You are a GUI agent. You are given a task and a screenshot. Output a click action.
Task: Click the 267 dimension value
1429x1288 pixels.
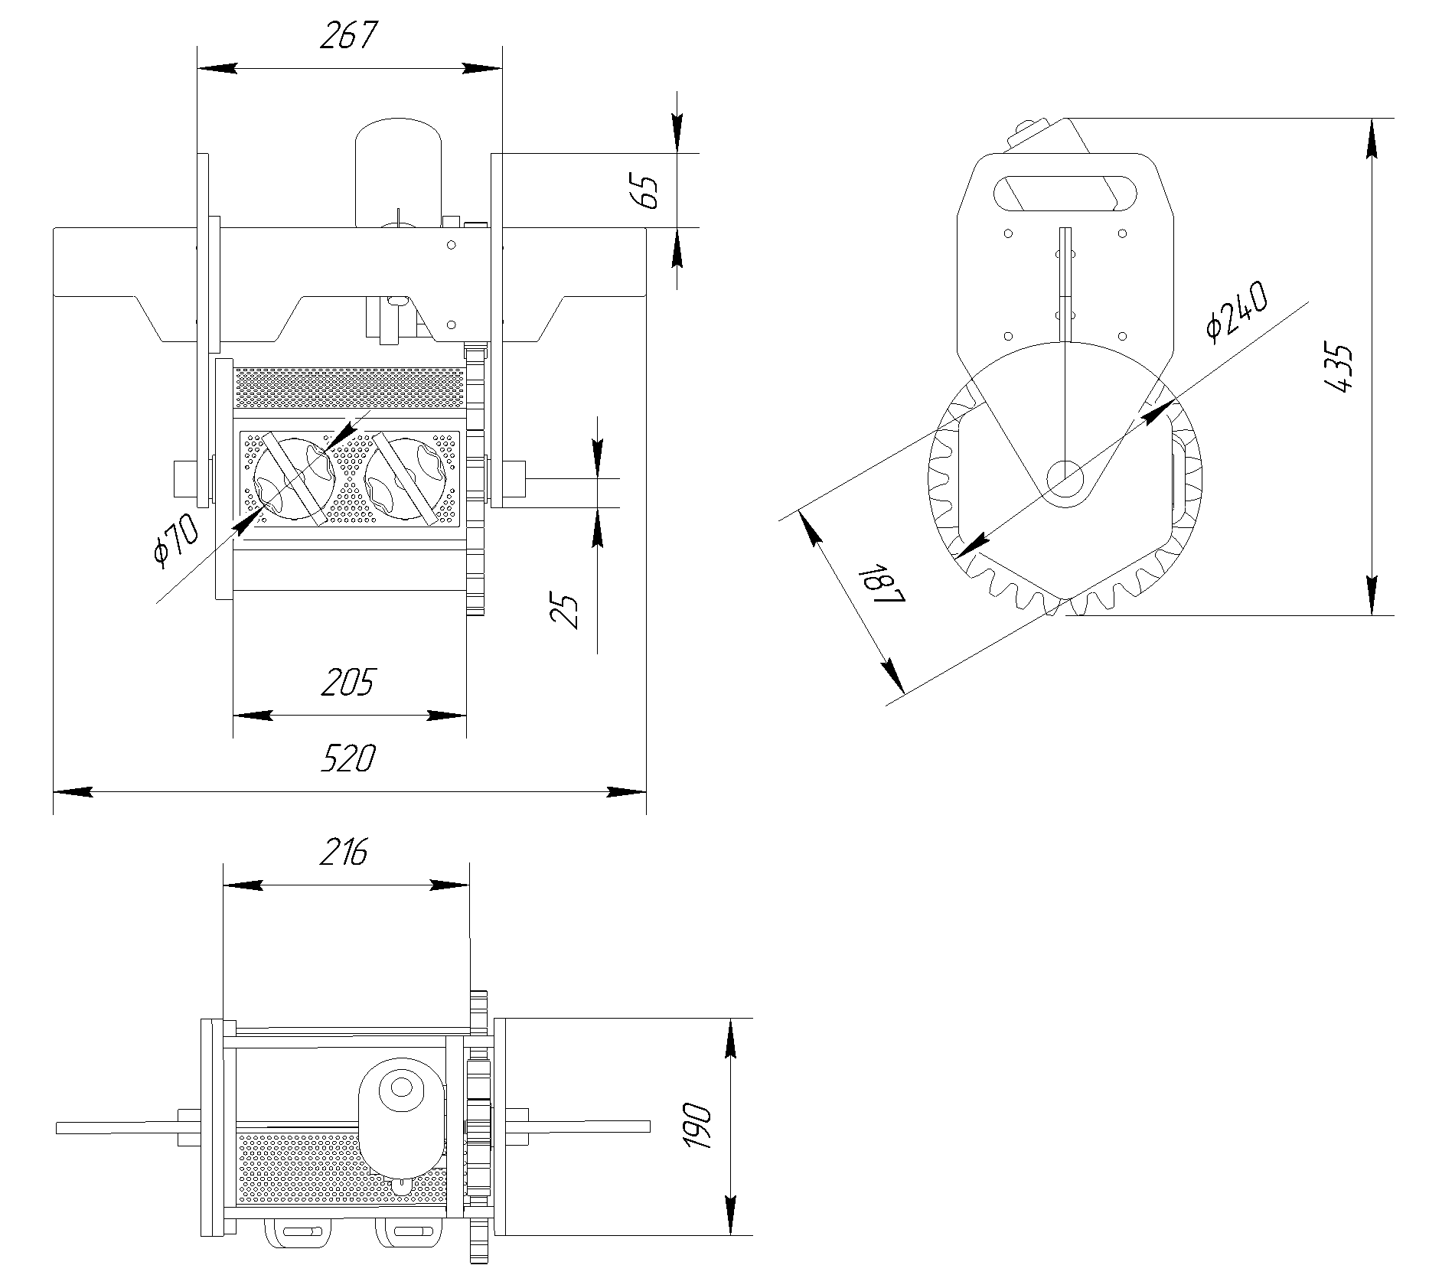click(x=348, y=36)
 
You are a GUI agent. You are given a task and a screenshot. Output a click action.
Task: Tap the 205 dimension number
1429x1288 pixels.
click(x=348, y=682)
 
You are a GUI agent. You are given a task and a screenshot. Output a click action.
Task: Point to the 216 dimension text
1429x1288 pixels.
click(x=344, y=852)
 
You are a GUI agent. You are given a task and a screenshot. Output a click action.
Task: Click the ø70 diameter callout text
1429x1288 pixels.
click(x=175, y=541)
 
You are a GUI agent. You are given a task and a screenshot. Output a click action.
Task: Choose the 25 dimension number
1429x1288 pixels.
click(x=566, y=611)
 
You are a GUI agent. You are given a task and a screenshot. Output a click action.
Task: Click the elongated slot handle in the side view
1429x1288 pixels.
click(x=1065, y=193)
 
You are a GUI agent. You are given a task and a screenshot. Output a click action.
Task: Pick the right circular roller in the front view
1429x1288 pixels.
click(x=406, y=479)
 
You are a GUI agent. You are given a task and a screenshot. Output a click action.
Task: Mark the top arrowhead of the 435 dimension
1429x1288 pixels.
click(x=1372, y=138)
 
